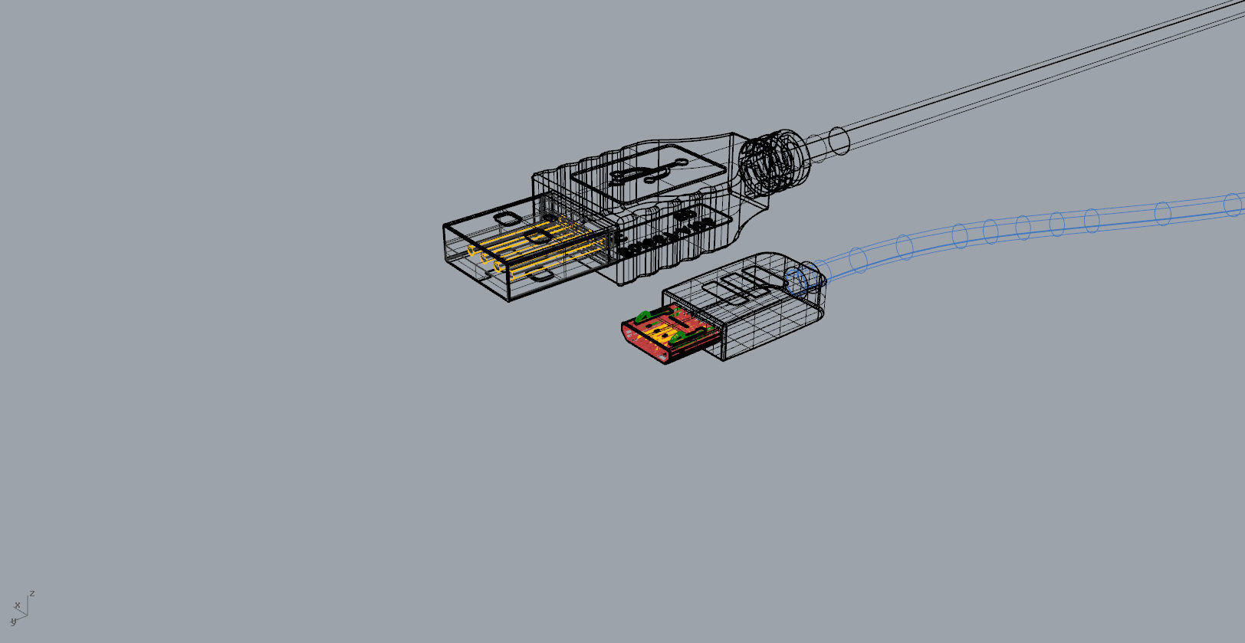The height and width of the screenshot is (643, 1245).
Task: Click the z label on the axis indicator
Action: coord(31,593)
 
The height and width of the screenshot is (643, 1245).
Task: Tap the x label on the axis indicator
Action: coord(18,605)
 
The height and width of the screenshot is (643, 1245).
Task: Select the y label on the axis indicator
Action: coord(13,622)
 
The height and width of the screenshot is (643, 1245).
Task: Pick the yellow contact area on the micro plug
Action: coord(661,331)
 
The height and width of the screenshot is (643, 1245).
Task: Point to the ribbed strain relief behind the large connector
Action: coord(776,162)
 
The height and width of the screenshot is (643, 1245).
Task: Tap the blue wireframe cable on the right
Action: coord(1073,222)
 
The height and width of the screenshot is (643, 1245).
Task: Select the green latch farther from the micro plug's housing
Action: coord(642,316)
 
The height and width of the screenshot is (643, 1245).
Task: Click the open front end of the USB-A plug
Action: coord(476,261)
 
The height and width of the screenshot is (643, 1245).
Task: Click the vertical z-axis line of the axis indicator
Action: coord(28,605)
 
